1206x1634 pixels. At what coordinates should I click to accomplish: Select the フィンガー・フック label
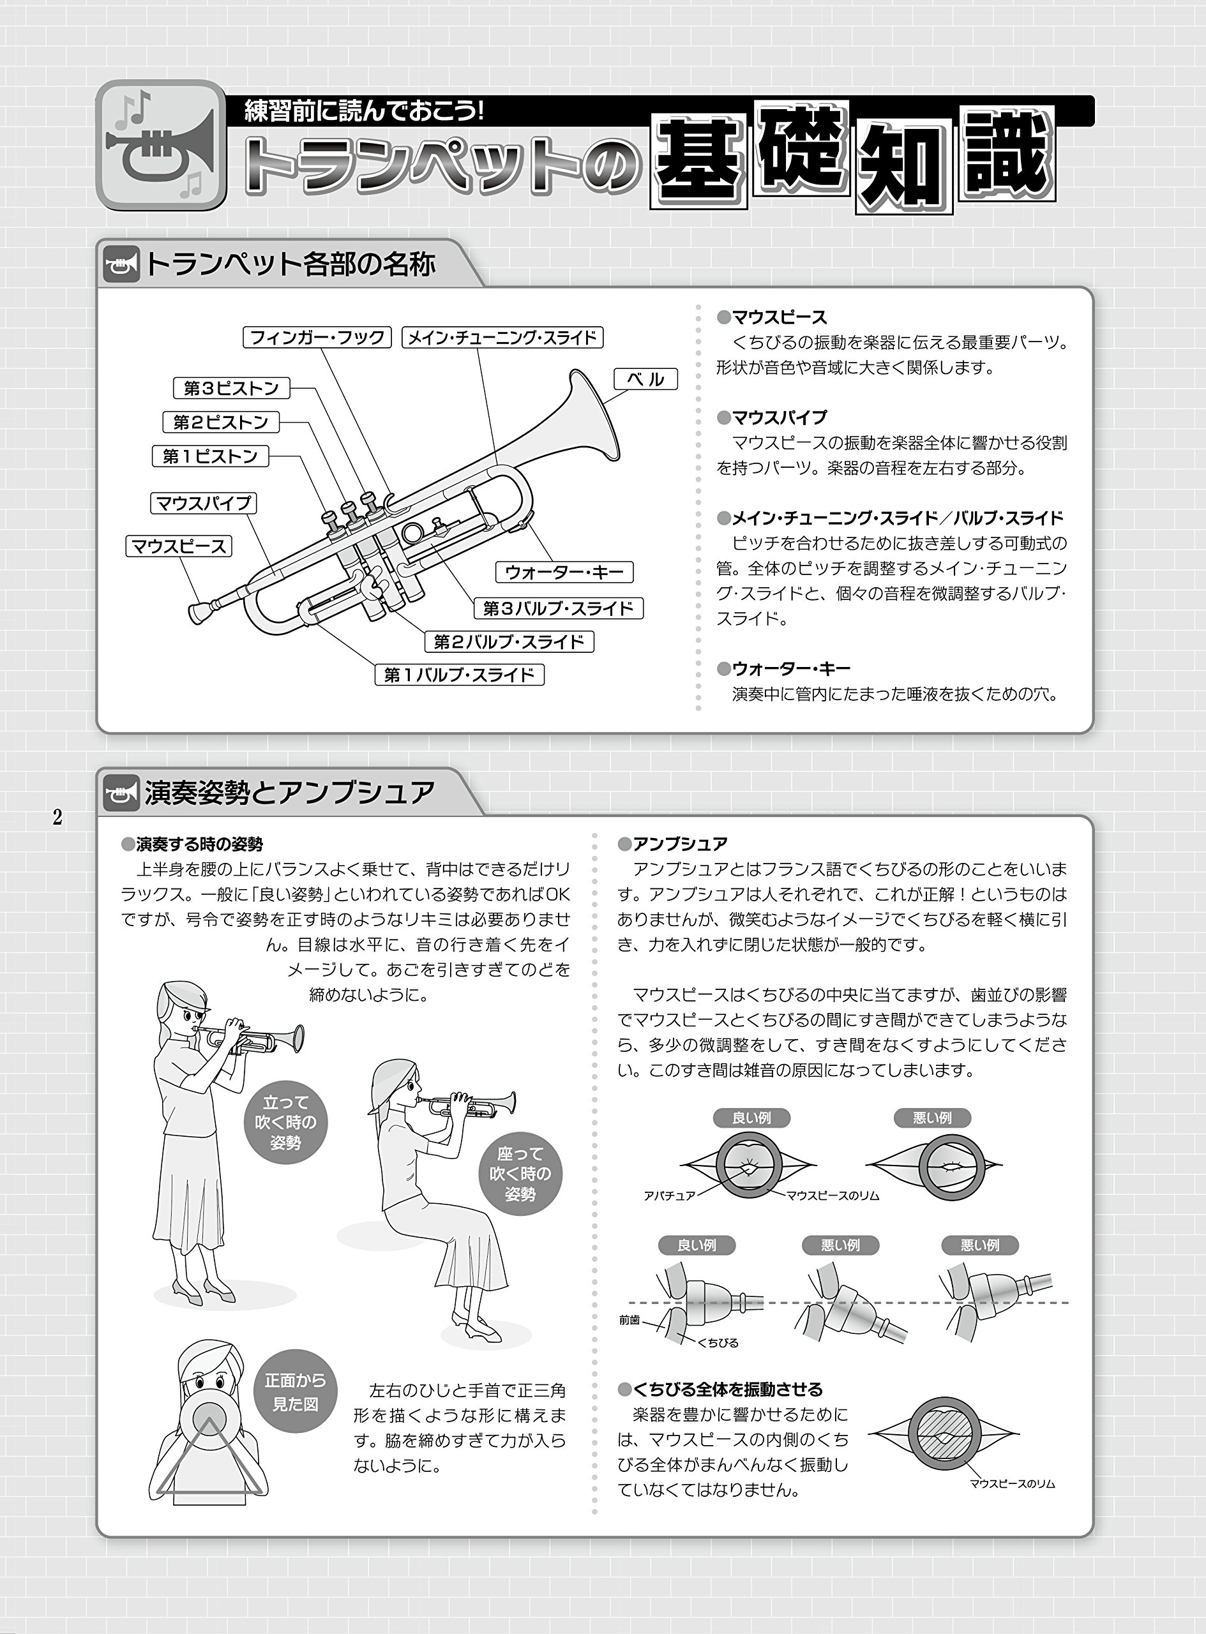coord(317,337)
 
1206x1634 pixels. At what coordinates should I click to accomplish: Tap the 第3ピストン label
coord(231,387)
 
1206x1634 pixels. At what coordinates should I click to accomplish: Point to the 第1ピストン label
coord(210,456)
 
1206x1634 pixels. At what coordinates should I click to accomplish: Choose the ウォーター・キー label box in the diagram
coord(564,572)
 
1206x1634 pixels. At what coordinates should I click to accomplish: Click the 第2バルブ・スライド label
coord(509,641)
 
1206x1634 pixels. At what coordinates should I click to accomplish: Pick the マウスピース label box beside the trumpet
coord(179,546)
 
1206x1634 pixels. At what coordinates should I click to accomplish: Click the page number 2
coord(57,818)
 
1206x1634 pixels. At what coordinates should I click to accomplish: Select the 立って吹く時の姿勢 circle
coord(285,1122)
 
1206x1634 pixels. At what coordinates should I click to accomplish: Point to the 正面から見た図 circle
coord(296,1393)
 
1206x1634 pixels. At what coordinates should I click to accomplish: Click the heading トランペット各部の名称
coord(290,264)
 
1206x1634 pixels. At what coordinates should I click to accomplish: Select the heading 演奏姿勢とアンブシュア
coord(290,793)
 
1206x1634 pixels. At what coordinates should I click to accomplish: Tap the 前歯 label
coord(629,1319)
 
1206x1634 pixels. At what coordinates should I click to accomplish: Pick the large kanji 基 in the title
coord(699,161)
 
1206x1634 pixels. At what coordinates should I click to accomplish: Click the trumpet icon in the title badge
coord(161,146)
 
